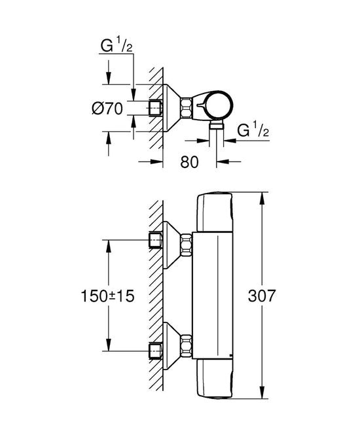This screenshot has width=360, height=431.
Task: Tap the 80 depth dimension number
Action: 189,164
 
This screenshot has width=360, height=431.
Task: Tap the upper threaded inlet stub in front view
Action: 156,241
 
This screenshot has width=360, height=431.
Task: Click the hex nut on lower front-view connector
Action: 188,348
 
